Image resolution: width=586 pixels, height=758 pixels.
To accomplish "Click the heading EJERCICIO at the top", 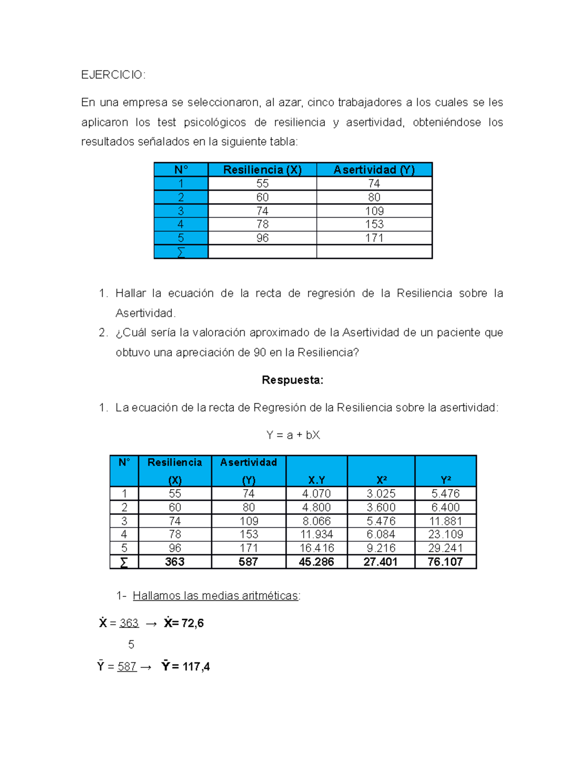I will [x=113, y=75].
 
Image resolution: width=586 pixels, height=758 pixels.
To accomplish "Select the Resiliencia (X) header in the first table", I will [x=262, y=170].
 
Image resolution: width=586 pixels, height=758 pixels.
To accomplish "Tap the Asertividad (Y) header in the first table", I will [x=374, y=170].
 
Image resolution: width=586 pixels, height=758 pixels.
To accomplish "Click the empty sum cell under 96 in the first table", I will [x=262, y=252].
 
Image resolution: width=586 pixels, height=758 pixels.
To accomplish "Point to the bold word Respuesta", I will [x=293, y=380].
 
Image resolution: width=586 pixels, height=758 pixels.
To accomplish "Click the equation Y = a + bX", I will [x=293, y=435].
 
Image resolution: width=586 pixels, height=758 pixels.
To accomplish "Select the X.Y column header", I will [x=316, y=480].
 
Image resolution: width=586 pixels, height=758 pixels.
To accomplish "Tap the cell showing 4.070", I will [x=316, y=493].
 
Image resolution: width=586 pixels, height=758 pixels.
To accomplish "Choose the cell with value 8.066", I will [x=316, y=521].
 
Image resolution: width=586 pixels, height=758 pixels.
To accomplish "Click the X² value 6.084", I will [x=381, y=534].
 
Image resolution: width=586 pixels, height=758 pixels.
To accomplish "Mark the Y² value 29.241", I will [x=445, y=548].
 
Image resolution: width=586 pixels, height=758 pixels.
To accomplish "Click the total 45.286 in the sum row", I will [x=316, y=562].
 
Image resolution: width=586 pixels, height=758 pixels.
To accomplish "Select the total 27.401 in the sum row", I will [x=380, y=562].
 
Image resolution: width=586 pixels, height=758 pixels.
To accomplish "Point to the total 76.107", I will [x=445, y=562].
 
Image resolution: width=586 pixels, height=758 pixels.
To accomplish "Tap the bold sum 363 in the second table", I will [x=175, y=562].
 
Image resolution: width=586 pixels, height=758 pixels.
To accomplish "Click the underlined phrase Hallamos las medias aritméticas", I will [x=215, y=596].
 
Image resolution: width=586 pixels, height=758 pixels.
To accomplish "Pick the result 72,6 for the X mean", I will [x=192, y=623].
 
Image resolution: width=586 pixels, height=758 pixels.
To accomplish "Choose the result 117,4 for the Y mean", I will [x=196, y=667].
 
